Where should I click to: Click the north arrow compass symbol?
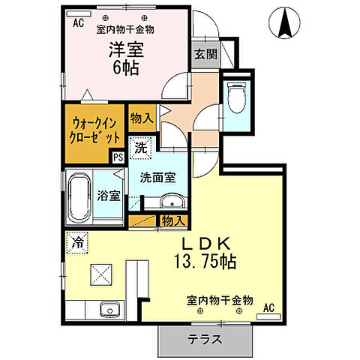[x=285, y=22]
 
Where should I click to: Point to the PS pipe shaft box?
[x=117, y=157]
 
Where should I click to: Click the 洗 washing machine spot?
[x=140, y=148]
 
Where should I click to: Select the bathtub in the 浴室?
[x=79, y=196]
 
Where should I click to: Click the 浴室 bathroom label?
[x=109, y=196]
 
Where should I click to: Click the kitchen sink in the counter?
[x=109, y=308]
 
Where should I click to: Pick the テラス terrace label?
[x=203, y=338]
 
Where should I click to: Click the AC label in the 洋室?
[x=78, y=22]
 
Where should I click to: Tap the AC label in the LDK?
[x=269, y=307]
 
